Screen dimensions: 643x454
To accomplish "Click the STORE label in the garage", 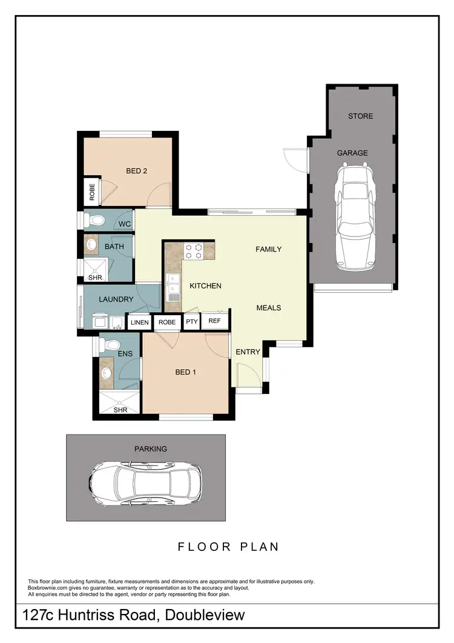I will [x=360, y=116].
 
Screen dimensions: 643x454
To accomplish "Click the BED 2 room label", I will [x=136, y=171].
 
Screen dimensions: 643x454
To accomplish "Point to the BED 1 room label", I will [x=185, y=372].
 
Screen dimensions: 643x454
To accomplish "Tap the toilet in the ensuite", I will [x=110, y=344].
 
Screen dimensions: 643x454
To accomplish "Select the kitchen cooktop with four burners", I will [x=193, y=251].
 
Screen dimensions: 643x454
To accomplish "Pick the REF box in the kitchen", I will [x=214, y=321].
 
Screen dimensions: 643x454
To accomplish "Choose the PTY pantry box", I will [x=192, y=322].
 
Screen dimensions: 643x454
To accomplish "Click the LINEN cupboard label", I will [x=139, y=322].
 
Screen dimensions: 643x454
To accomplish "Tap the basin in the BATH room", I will [x=91, y=245].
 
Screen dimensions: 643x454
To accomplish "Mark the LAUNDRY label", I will [x=116, y=299].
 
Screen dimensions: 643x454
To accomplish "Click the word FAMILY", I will [x=268, y=249].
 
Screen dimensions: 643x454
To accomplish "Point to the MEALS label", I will [x=268, y=307].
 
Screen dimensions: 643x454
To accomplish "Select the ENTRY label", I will [x=248, y=352].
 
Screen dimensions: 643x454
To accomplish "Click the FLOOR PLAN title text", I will [x=228, y=547].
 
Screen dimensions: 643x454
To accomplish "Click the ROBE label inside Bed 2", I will [x=92, y=192].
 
